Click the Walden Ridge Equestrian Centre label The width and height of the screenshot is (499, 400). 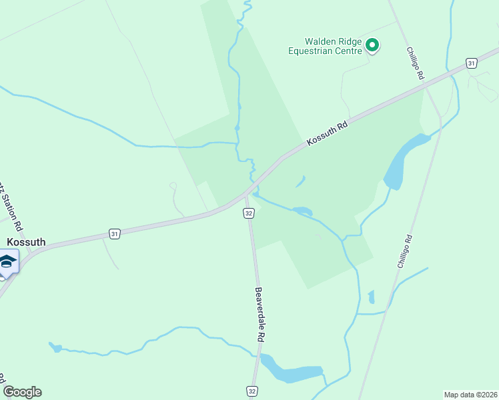tap(325, 45)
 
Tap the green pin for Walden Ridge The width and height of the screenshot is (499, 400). tap(372, 45)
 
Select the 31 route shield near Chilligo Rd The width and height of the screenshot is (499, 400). tap(472, 63)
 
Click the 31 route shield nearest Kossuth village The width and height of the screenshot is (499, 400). tap(115, 234)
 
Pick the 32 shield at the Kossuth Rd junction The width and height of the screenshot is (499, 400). tap(248, 213)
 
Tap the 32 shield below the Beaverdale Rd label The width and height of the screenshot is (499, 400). tap(252, 390)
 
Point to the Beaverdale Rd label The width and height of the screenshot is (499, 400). tap(259, 315)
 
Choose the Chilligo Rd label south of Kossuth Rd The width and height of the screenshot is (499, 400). tap(403, 251)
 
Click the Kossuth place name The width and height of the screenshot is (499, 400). tap(27, 242)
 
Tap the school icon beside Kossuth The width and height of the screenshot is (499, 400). tap(7, 261)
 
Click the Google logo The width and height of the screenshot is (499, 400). tap(22, 392)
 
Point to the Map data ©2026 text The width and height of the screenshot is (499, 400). tap(470, 394)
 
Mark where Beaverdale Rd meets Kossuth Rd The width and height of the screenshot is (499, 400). tap(246, 195)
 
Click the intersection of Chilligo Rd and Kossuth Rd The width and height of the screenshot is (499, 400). tap(440, 116)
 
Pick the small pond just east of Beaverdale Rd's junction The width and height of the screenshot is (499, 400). tap(302, 211)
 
